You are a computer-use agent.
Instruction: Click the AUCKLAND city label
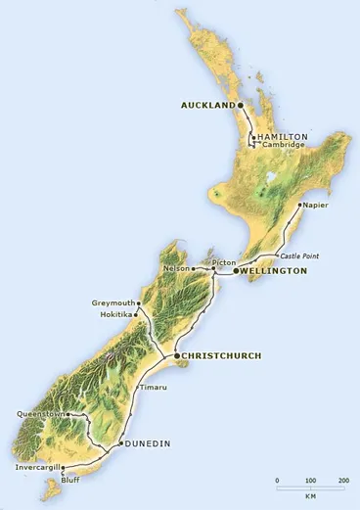tap(208, 104)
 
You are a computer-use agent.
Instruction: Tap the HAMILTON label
tap(284, 136)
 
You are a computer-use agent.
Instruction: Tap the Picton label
tap(225, 263)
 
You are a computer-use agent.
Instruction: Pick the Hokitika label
tap(115, 314)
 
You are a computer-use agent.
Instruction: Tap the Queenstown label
tap(40, 415)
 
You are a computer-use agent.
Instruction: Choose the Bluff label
tap(70, 482)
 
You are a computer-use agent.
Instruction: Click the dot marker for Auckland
tap(242, 104)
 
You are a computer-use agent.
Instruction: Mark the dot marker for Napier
tap(300, 206)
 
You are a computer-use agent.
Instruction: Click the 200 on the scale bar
tap(343, 481)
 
